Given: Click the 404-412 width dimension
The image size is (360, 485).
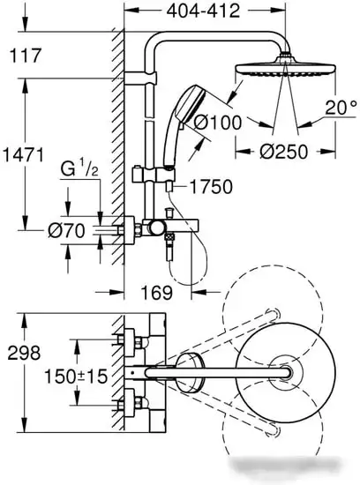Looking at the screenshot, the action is click(x=203, y=11).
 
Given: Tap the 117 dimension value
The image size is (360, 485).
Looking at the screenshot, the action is click(x=26, y=56).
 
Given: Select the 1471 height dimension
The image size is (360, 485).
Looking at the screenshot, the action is click(x=24, y=155).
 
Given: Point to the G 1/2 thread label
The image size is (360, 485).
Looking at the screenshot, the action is click(x=79, y=169).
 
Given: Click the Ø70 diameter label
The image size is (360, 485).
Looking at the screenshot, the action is click(x=66, y=231).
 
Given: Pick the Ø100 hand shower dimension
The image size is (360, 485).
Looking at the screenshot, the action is click(x=218, y=123).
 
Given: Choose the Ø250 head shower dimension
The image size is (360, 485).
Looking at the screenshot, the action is click(x=284, y=152).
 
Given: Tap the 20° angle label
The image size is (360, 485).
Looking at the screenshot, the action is click(x=341, y=108).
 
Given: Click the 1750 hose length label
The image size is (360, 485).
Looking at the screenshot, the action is click(x=211, y=187).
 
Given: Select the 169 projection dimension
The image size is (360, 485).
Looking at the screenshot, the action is click(x=157, y=293).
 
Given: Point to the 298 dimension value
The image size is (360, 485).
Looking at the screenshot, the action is click(x=24, y=353).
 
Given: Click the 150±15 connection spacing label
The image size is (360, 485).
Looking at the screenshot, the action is click(x=76, y=377).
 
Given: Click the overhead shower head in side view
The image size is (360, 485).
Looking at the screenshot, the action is click(x=286, y=66).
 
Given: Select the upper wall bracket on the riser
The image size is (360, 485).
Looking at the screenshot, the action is click(x=140, y=78).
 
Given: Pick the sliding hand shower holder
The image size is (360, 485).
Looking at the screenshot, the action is click(x=154, y=175).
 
